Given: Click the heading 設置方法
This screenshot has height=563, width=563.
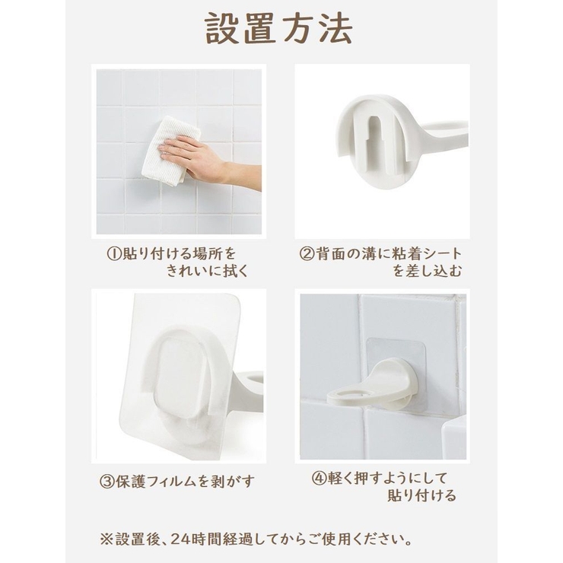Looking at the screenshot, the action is (278, 29).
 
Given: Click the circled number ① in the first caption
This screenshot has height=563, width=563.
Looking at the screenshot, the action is (114, 254).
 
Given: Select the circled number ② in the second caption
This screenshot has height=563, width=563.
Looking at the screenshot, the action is (307, 254).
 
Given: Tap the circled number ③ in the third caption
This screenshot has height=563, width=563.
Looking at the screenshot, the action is (107, 482).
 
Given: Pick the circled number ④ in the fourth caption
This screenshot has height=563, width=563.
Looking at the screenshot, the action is (318, 479).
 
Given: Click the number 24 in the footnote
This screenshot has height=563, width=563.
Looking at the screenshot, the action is (177, 539).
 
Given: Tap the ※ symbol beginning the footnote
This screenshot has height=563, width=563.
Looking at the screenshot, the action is (107, 539).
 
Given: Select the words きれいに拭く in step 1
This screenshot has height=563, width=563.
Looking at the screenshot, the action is (208, 272).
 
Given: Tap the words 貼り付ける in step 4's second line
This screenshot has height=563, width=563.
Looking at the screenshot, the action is (421, 496).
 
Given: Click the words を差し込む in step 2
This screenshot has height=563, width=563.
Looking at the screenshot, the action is (428, 272).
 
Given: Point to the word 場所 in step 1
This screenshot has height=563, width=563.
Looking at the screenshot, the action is (208, 254).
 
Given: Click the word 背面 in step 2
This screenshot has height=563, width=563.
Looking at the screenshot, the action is (329, 254).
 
